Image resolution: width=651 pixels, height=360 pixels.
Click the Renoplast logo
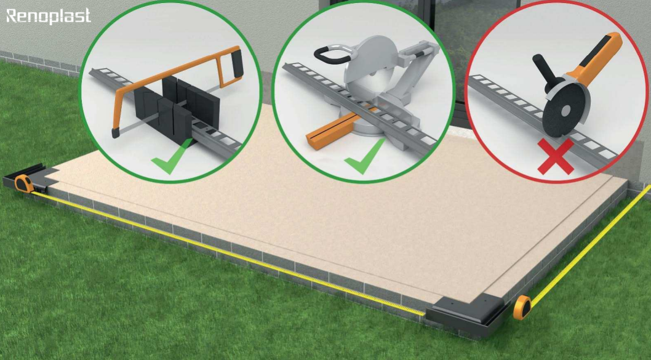point(49,16)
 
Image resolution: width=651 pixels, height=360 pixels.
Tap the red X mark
point(556,156)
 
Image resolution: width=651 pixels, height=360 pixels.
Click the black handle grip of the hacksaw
point(237,62)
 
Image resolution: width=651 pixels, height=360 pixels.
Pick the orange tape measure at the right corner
point(522,307)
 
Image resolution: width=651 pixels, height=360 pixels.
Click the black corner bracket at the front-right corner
point(467,316)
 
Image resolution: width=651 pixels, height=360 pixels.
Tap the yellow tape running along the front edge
point(228,252)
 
